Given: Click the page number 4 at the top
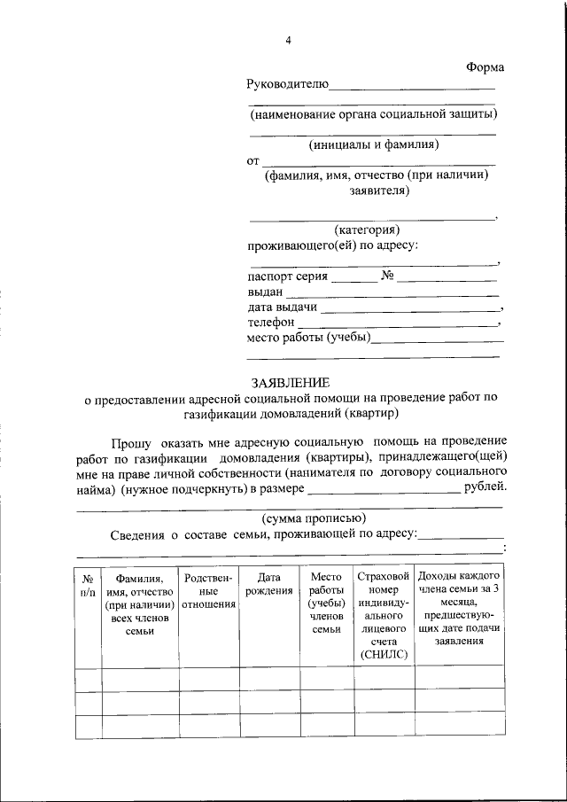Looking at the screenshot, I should [288, 40].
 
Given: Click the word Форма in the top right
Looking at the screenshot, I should [485, 68].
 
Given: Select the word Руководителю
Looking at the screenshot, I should [287, 85].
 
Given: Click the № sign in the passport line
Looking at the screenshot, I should [387, 276].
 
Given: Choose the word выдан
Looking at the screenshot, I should [265, 292].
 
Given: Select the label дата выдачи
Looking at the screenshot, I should [282, 307].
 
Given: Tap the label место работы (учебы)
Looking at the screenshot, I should [308, 338].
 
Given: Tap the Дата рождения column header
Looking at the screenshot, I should [269, 584].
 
